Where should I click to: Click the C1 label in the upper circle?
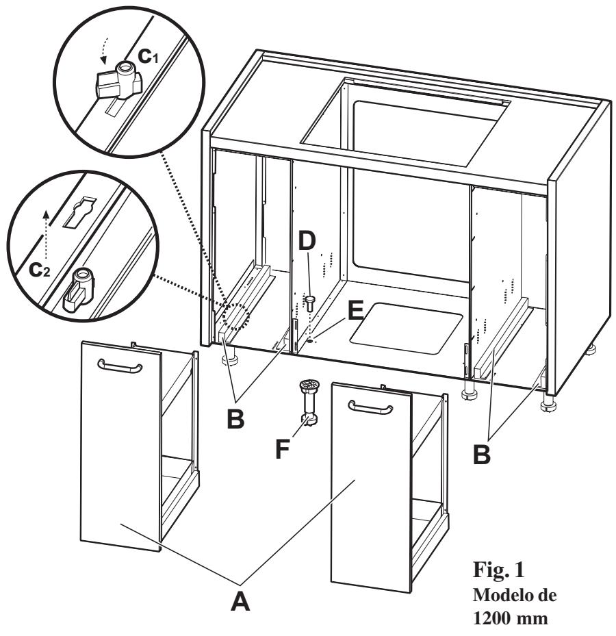(x=154, y=59)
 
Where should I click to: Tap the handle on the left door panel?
(x=120, y=366)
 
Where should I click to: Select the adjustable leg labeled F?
(x=307, y=405)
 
